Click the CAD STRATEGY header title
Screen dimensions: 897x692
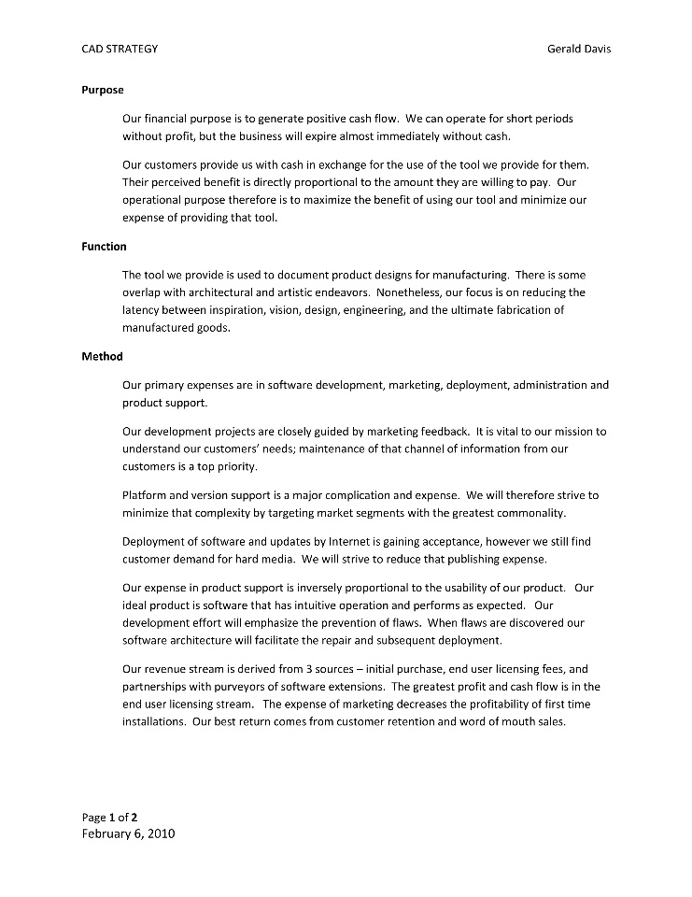(120, 49)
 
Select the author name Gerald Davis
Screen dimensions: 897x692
(579, 49)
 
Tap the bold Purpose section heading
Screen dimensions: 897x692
(103, 91)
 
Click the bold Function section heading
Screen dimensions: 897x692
(105, 247)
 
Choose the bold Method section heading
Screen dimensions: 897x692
(102, 356)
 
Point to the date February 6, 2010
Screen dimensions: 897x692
(128, 833)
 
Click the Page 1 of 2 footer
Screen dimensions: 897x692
(109, 818)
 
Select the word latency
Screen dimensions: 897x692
(144, 310)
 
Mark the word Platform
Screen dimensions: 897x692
(145, 495)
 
